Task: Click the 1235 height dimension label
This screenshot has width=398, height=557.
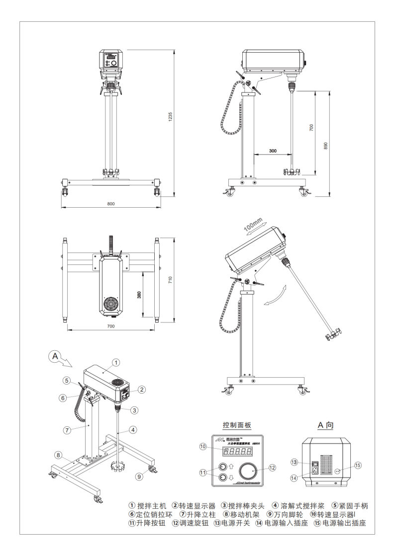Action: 170,117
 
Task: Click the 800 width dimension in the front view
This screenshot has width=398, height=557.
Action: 110,204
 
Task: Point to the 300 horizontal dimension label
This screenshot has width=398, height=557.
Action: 273,150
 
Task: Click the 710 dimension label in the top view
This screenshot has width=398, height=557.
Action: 170,280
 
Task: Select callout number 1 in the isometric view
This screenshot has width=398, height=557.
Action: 115,362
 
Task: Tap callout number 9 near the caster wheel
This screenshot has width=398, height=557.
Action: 139,476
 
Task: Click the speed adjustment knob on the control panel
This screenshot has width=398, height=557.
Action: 249,469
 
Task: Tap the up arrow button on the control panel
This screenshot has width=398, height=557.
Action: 222,466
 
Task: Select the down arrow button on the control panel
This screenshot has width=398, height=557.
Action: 222,478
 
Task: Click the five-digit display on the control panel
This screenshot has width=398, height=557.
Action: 237,452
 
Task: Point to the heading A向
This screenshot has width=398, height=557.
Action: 328,425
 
